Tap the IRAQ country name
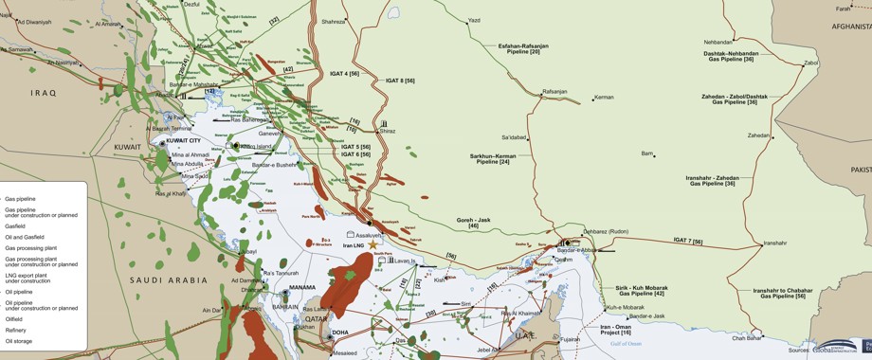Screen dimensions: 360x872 tap(44, 93)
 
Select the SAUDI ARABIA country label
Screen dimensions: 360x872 tap(169, 280)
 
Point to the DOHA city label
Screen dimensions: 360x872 tap(340, 333)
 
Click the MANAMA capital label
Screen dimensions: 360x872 tap(302, 287)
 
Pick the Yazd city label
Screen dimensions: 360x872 tap(475, 20)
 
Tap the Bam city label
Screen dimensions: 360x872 tap(647, 153)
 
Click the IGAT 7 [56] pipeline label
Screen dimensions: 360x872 tap(689, 241)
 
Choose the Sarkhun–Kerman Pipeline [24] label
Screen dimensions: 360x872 tap(493, 158)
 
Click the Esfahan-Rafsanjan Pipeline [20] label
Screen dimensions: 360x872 tap(523, 48)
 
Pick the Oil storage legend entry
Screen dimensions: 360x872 tap(19, 341)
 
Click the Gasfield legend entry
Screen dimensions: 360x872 tap(15, 226)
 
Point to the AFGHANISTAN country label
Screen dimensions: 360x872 tap(850, 27)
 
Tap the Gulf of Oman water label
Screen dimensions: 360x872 tap(626, 344)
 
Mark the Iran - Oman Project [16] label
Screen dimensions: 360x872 tap(615, 330)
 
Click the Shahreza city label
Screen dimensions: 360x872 tap(333, 21)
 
